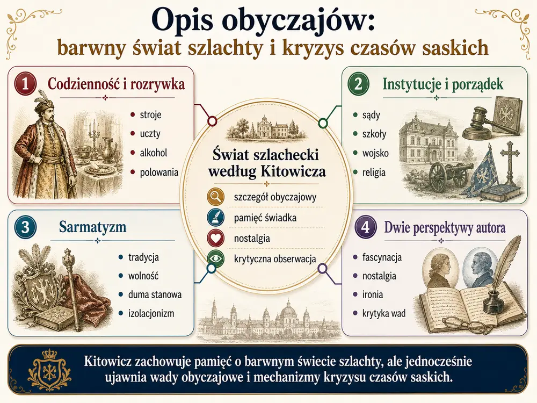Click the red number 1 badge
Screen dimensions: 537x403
click(x=25, y=84)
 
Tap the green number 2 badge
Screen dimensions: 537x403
click(x=358, y=84)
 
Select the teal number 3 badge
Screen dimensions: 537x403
click(x=25, y=227)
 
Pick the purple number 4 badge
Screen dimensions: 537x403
click(x=365, y=227)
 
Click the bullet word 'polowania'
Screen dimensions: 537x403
click(x=159, y=172)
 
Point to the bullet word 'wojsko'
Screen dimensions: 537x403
click(x=375, y=153)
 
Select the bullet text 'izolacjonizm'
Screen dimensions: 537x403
click(x=151, y=313)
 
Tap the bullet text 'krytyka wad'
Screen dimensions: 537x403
click(x=384, y=313)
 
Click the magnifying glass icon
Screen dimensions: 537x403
click(x=216, y=197)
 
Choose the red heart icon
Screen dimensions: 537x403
click(x=216, y=238)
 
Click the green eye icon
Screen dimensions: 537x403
click(x=216, y=259)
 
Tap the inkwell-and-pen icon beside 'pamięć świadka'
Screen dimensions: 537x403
click(x=216, y=218)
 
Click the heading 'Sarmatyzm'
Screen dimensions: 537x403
click(x=92, y=227)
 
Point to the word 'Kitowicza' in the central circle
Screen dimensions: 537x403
click(x=295, y=171)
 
